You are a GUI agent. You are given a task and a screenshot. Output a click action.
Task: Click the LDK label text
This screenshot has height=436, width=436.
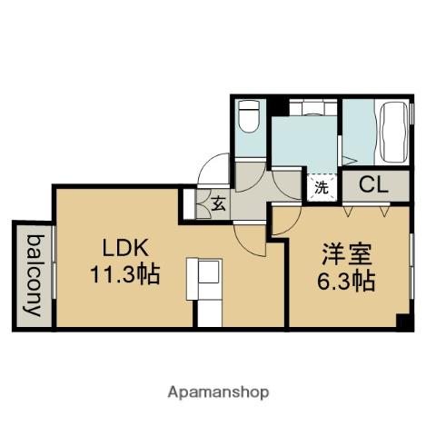pos(117,247)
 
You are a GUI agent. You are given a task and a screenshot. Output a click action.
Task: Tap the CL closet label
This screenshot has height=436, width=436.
pos(373,185)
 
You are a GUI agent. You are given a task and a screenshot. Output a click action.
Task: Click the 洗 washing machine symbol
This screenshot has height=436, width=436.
pos(322,188)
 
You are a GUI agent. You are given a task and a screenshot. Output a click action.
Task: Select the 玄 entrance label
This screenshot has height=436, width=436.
pos(219,203)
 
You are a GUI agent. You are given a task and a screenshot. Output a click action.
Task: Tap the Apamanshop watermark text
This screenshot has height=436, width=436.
pos(218,392)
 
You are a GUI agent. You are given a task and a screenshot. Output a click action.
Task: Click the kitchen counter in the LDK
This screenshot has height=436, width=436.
pos(207,290)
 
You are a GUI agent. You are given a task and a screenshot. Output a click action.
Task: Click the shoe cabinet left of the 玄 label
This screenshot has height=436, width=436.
pos(189,203)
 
